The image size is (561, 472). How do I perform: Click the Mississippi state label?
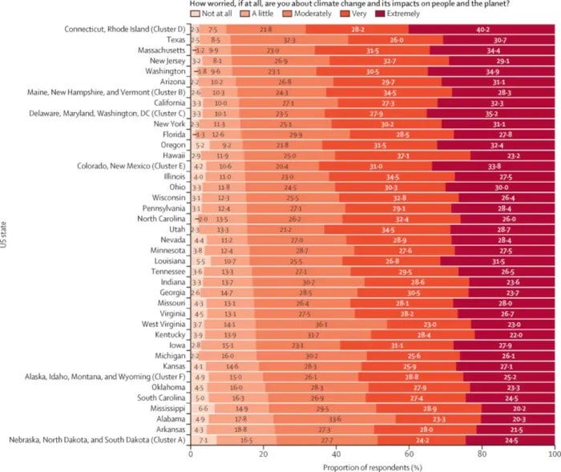(165, 406)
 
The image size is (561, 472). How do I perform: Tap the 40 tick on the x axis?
(335, 453)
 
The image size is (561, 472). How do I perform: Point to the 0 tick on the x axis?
(190, 453)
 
